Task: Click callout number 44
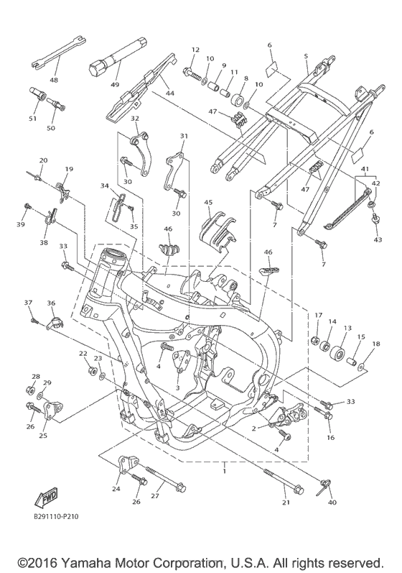170,93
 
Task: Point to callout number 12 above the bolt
195,50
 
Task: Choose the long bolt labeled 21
284,480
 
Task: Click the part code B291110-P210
57,517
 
